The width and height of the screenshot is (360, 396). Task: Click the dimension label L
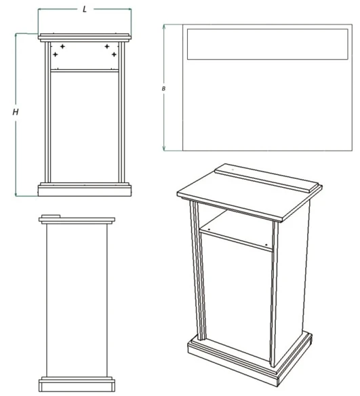click(84, 9)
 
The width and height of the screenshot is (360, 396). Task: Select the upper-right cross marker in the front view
click(107, 46)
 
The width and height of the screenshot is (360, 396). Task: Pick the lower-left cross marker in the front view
click(56, 54)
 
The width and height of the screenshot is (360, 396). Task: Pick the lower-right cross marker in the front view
click(114, 54)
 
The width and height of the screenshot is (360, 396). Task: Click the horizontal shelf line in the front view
click(85, 70)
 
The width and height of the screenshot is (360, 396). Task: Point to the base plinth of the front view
click(85, 189)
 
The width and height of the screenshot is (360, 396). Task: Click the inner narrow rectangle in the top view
click(266, 43)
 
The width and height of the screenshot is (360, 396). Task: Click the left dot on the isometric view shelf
click(210, 230)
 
